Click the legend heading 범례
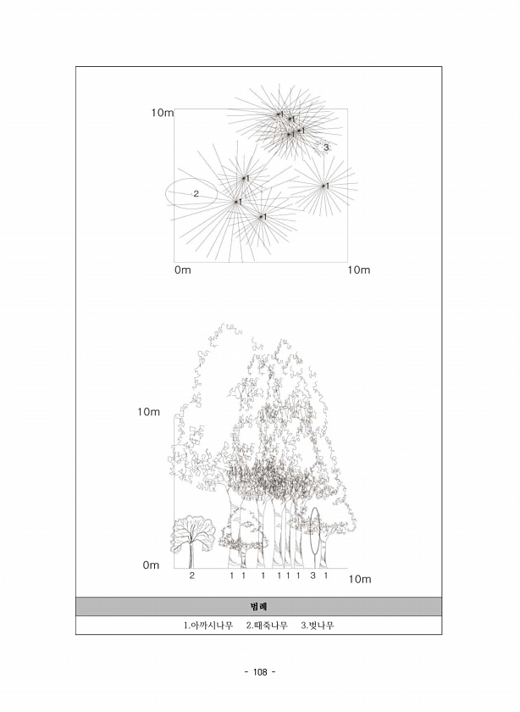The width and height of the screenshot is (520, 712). pos(258,607)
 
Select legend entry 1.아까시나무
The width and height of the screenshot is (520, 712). pos(208,626)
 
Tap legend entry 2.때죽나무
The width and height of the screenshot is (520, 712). pos(267,626)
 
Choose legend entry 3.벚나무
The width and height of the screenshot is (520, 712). pos(318,626)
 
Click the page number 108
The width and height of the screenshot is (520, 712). pos(260,672)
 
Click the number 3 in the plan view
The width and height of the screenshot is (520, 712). pos(326,147)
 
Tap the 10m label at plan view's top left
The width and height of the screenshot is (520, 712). pos(163,113)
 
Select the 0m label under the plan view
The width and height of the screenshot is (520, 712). pos(182,270)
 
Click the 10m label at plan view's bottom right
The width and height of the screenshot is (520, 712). pos(359,270)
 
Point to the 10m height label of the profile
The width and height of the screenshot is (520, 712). pos(149,412)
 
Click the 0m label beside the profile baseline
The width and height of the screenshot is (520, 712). pos(151,565)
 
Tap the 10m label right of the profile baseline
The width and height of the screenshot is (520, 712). pos(360,580)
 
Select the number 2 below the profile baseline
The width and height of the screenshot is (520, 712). pos(192,576)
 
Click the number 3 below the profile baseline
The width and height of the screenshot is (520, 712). pos(313,576)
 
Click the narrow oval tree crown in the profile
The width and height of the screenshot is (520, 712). pos(310,531)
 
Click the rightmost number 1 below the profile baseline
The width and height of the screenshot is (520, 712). pos(325,576)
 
